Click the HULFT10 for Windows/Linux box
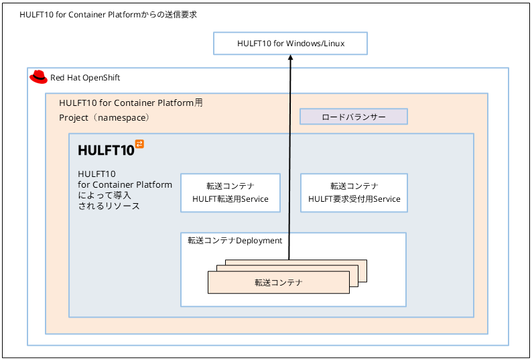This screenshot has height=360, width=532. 290,44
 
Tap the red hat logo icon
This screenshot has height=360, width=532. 38,77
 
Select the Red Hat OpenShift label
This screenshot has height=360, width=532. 85,78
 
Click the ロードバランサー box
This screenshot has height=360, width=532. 354,117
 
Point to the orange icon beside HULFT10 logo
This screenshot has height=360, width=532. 139,143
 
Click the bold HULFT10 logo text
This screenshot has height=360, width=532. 106,150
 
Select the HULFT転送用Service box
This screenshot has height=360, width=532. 230,193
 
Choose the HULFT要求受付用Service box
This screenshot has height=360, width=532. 354,193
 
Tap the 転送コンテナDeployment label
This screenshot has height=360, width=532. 235,241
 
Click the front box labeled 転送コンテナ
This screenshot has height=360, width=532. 279,282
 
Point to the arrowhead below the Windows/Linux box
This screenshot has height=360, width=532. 290,58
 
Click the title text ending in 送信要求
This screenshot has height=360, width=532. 109,15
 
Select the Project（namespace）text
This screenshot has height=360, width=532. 105,118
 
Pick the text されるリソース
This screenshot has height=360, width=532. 109,206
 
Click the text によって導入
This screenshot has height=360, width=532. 105,196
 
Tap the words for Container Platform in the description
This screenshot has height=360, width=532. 125,185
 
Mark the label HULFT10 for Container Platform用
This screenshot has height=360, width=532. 131,103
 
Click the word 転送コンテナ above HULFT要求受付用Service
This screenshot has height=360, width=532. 354,186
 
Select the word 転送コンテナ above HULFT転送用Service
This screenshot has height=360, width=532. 230,186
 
